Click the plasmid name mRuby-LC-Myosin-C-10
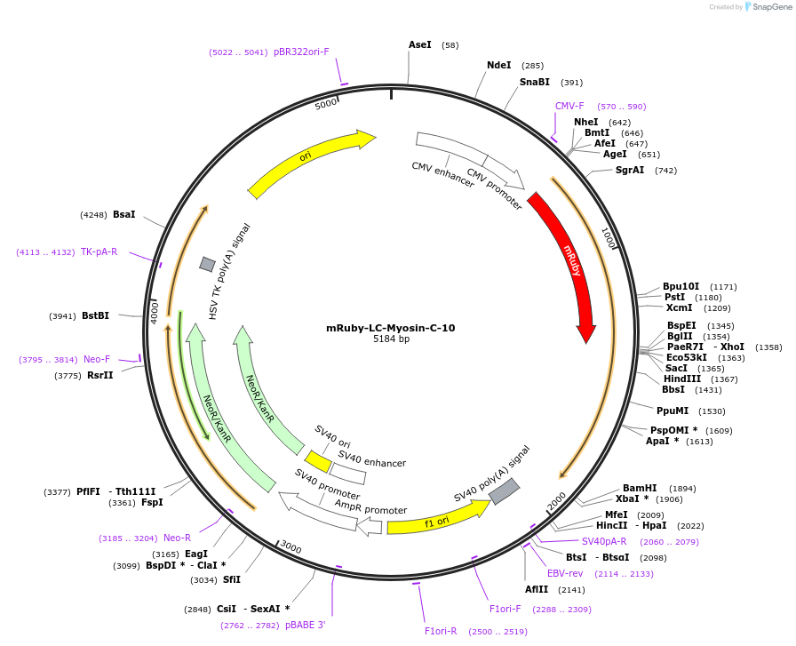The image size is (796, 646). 391,328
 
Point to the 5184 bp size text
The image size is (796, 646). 391,339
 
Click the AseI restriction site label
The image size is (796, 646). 419,44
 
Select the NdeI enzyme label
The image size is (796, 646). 498,65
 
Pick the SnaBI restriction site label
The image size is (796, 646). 534,82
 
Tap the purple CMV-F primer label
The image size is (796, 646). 569,106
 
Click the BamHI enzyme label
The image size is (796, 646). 640,488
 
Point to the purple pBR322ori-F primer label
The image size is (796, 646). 301,52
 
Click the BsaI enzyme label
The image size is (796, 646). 124,214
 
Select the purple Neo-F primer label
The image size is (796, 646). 97,359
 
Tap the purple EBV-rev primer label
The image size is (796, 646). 565,573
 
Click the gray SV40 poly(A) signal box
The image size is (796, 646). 504,491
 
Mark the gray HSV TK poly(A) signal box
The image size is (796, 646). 207,264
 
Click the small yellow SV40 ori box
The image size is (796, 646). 318,461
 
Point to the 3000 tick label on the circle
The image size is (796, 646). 291,548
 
